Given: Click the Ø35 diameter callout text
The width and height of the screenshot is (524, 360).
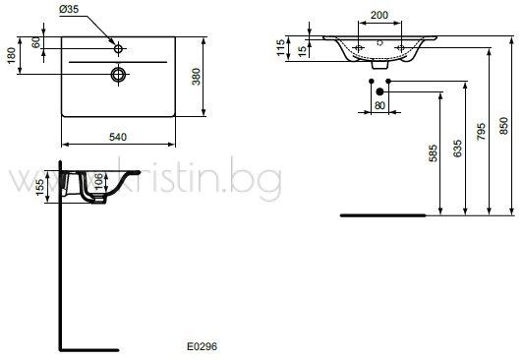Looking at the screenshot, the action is coord(69,10).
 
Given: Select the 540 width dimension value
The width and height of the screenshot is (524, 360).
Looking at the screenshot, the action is coord(118,137).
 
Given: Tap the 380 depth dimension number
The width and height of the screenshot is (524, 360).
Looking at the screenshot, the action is coord(197,77).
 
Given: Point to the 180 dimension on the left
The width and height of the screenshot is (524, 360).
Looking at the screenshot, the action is coord(12,55).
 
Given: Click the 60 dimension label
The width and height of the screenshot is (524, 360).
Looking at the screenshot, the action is coord(36,42).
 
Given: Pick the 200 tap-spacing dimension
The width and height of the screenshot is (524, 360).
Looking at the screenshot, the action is coord(379,15).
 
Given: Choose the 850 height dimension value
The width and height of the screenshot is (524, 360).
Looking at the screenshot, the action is coord(503,126).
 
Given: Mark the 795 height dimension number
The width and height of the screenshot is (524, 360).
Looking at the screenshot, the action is coord(481,132).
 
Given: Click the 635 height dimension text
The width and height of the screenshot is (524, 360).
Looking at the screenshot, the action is coord(457,149).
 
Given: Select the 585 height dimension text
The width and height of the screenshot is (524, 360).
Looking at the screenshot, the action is coord(433,153).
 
